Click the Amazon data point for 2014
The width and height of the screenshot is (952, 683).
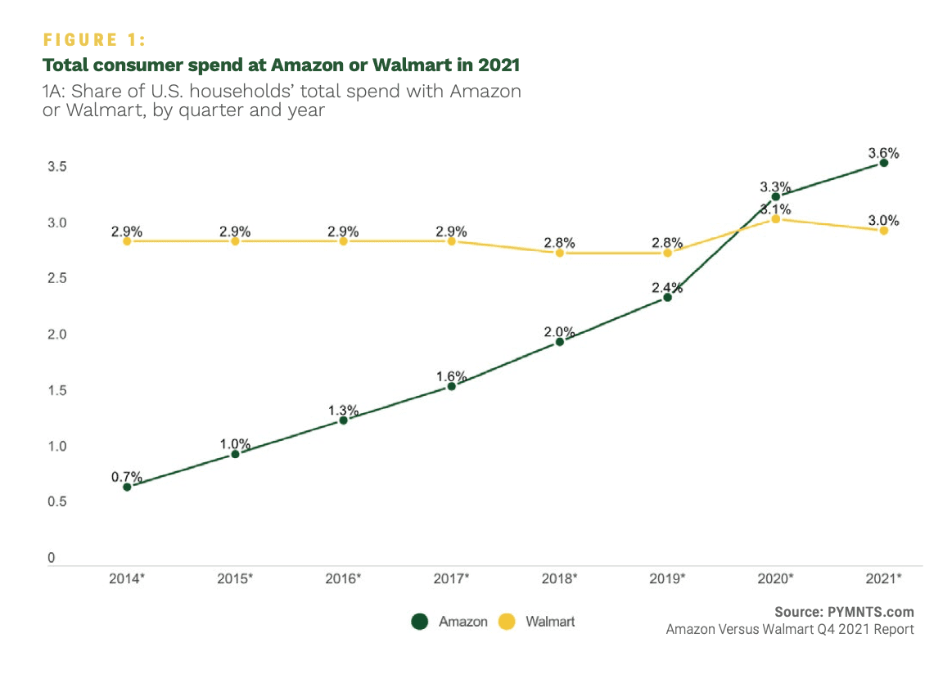click(127, 487)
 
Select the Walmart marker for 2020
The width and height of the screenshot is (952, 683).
click(776, 219)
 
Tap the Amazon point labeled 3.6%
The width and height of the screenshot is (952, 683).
click(884, 163)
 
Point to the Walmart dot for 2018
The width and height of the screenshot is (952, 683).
click(560, 253)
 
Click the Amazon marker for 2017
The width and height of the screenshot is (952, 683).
click(451, 386)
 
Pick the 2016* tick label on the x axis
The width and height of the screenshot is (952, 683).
click(343, 578)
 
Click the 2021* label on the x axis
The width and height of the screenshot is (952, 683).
click(884, 578)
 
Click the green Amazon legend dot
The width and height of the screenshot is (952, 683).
click(420, 622)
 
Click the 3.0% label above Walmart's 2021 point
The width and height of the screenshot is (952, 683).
click(884, 220)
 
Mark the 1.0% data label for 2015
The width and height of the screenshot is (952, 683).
click(235, 443)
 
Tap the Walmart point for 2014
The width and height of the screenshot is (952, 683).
click(127, 241)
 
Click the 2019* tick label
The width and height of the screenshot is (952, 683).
click(668, 578)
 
